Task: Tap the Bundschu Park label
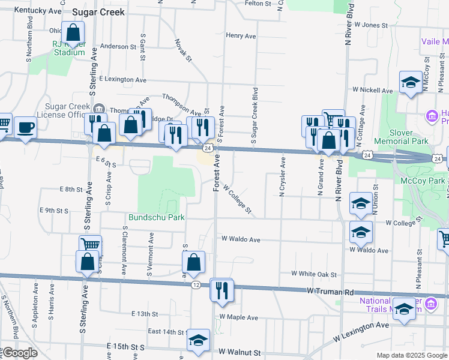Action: point(156,217)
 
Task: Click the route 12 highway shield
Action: point(196,284)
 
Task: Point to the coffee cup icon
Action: point(25,127)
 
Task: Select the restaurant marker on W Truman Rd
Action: point(221,290)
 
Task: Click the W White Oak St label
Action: point(313,274)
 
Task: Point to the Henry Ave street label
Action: point(241,35)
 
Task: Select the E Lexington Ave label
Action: point(123,79)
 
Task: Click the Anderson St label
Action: point(118,46)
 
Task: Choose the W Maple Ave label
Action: point(239,317)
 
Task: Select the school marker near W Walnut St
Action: point(198,340)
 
